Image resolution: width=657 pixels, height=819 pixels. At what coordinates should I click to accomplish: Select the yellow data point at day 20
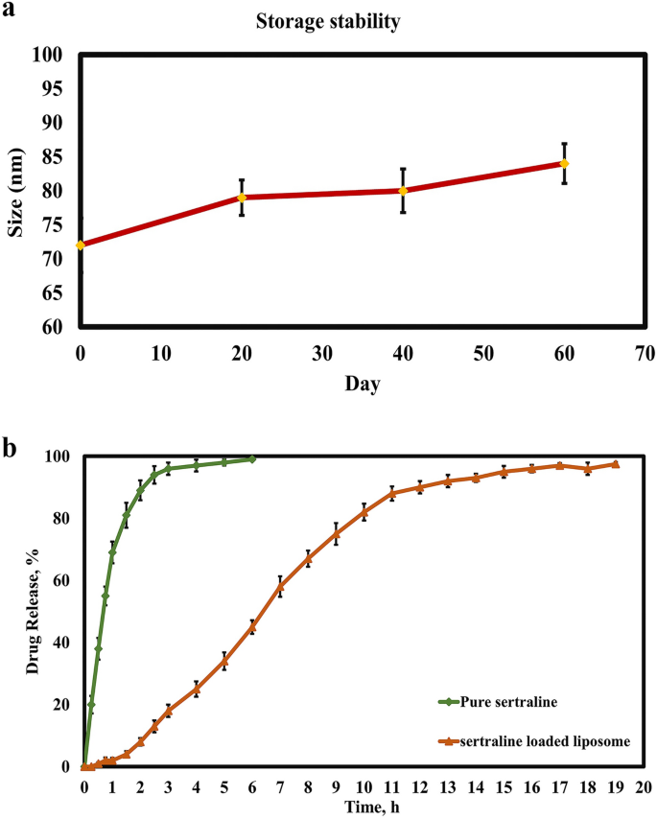[x=242, y=198]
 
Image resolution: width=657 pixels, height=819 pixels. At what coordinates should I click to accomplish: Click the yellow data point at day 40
[x=403, y=191]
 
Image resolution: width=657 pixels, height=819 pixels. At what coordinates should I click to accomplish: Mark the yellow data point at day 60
[x=564, y=163]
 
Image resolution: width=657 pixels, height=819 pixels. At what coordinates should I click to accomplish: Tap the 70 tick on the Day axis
[x=644, y=354]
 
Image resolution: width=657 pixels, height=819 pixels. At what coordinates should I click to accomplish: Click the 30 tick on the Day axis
[x=321, y=354]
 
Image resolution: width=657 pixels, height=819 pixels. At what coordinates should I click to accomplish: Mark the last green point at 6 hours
[x=252, y=459]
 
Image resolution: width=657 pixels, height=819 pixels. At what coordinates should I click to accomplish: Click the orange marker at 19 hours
[x=615, y=464]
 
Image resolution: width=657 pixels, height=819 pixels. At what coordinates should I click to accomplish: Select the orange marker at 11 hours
[x=391, y=493]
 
